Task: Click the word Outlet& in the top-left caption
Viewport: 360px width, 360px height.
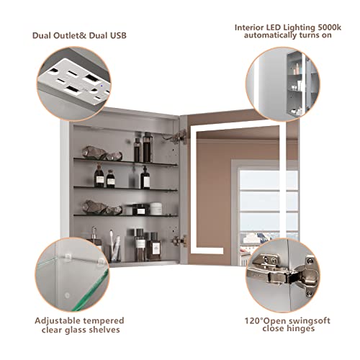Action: (70, 35)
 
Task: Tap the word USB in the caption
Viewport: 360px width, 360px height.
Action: (118, 35)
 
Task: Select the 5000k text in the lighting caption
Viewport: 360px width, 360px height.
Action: (329, 27)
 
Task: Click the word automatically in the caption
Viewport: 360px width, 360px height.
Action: (270, 35)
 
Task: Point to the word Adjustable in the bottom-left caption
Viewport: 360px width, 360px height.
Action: (57, 321)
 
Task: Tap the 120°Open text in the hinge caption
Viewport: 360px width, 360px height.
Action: (265, 321)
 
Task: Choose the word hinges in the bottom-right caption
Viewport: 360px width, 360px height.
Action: (300, 328)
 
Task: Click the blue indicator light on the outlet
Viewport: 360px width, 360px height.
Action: (102, 86)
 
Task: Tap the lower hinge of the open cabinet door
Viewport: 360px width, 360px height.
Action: (180, 240)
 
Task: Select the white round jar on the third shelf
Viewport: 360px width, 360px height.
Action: (156, 209)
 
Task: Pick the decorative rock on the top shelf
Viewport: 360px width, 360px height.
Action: (102, 153)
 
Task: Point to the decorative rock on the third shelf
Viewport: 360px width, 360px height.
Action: (102, 207)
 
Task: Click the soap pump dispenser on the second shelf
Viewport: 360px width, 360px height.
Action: (145, 178)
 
